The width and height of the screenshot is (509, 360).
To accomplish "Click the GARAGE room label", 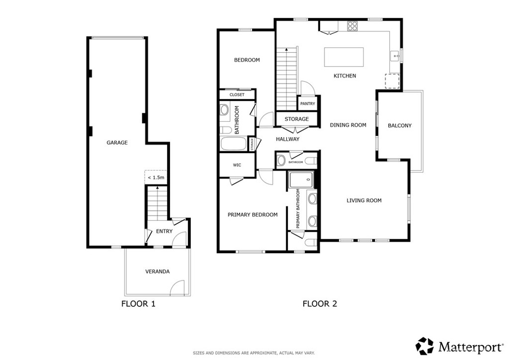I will pos(117,143).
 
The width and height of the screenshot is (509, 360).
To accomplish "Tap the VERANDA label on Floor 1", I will pos(157,271).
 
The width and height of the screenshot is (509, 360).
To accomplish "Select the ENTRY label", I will pos(164,231).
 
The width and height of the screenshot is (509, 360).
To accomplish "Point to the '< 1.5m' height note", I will pos(156,178).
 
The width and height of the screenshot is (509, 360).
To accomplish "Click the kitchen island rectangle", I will pos(344,57).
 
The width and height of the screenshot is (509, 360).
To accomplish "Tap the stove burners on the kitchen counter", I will pos(352,26).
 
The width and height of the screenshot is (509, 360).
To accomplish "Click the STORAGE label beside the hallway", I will pos(296,119).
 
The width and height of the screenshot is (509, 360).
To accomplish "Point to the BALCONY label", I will pos(400,126).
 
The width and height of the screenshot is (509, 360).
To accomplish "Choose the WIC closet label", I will pos(237,165).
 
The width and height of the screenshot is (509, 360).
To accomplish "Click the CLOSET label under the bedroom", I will pos(237,94).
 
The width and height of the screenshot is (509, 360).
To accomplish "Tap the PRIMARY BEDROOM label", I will pos(253,215).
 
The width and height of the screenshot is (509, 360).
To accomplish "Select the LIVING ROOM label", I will pos(364,201).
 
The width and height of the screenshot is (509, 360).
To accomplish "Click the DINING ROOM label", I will pos(348,125).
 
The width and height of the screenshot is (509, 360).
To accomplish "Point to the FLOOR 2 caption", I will pos(320,303).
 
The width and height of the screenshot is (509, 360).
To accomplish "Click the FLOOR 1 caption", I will pos(138,303).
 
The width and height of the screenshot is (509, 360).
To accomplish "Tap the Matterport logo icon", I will pos(425,346).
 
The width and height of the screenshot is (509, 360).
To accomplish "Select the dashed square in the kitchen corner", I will pos(393,80).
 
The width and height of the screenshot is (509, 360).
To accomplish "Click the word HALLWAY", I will pos(287,139).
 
